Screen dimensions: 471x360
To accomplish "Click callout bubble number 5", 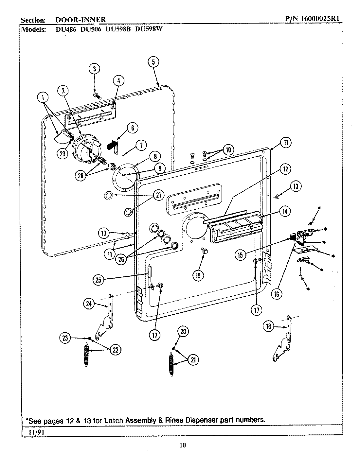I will (153, 62).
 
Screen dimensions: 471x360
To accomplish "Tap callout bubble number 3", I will (94, 69).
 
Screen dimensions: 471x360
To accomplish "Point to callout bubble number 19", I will (198, 275).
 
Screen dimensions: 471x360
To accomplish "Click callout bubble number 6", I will (132, 128).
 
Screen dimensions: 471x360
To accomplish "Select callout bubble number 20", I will (183, 332).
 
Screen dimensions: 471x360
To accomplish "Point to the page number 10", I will (183, 445).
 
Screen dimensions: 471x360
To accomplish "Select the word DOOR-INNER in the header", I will (80, 20).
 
